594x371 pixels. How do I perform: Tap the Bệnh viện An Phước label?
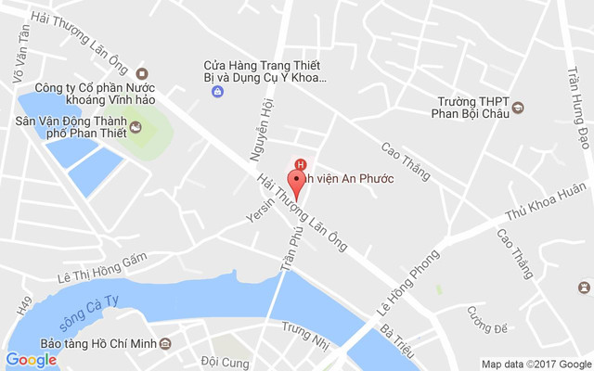tap(351, 178)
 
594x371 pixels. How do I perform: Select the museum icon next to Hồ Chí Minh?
tap(165, 344)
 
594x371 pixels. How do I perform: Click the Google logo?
tap(31, 359)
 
